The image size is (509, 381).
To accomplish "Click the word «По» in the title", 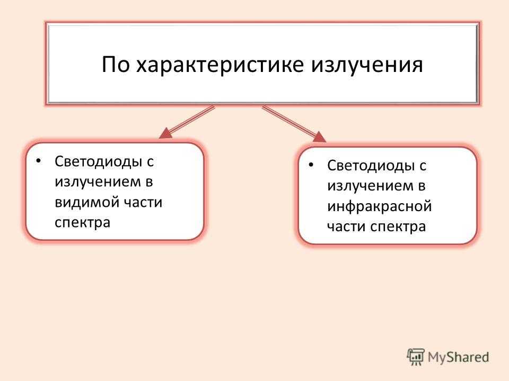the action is point(116,65).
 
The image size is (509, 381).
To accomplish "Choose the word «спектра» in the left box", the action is point(83,223).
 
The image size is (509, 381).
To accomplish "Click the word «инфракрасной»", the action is point(380,206).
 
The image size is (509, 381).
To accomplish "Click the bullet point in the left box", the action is point(39,161).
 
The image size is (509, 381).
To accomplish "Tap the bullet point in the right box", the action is point(311,165).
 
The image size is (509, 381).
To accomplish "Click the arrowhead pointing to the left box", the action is point(165,133).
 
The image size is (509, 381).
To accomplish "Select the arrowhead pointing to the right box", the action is point(319,137).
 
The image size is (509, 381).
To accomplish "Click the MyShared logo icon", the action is point(416,357).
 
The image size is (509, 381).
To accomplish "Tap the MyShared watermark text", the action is point(458,357).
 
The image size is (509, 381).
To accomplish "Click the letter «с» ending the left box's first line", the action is point(150,162).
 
